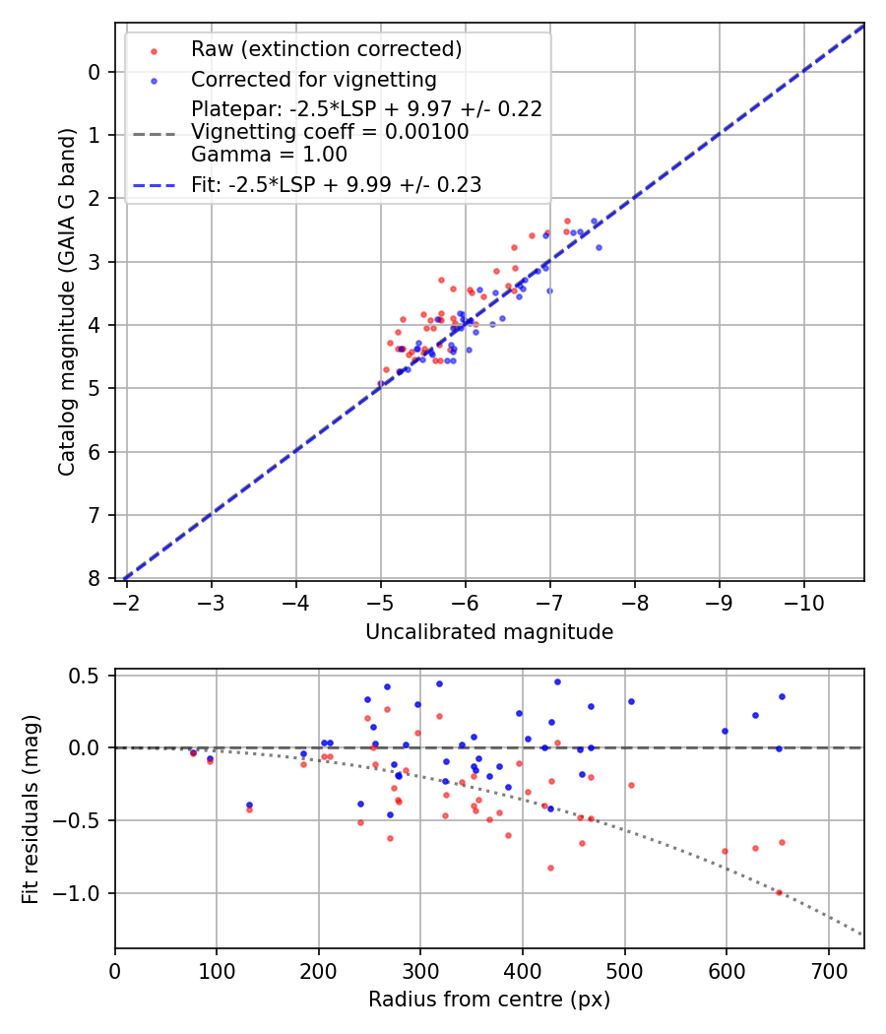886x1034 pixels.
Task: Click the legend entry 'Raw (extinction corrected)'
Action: pyautogui.click(x=326, y=49)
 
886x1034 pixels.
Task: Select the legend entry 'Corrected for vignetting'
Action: pyautogui.click(x=313, y=79)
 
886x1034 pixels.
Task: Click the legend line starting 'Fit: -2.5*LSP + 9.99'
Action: pyautogui.click(x=336, y=185)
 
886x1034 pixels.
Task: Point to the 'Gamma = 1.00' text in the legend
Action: pyautogui.click(x=269, y=154)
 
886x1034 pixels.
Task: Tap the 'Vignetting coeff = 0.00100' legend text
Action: pyautogui.click(x=330, y=131)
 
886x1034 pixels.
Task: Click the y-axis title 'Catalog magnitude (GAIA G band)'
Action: pyautogui.click(x=67, y=300)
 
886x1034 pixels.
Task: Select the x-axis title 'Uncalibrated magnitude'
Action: pyautogui.click(x=489, y=632)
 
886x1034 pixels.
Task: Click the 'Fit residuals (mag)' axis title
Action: pyautogui.click(x=31, y=808)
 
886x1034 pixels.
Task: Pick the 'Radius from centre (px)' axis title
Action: pyautogui.click(x=489, y=1000)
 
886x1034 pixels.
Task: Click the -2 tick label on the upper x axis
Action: pyautogui.click(x=126, y=601)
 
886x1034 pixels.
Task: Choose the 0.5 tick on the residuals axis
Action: pyautogui.click(x=90, y=676)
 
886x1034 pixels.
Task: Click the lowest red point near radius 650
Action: pyautogui.click(x=779, y=892)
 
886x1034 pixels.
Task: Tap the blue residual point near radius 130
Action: pyautogui.click(x=249, y=805)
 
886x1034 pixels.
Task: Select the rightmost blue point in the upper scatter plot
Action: pyautogui.click(x=599, y=247)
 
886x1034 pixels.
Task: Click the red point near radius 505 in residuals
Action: pyautogui.click(x=631, y=785)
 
